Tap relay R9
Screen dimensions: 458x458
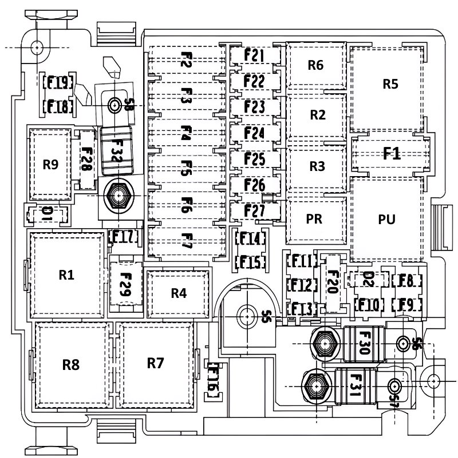(x=51, y=165)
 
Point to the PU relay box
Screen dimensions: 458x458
(x=387, y=219)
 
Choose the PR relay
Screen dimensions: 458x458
(x=314, y=219)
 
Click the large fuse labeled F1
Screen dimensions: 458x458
(x=391, y=153)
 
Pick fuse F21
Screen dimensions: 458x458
(x=254, y=56)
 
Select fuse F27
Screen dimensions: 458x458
(x=254, y=210)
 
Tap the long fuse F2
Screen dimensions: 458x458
(x=186, y=60)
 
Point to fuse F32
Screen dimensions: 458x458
(x=116, y=151)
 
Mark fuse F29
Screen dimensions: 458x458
(x=126, y=284)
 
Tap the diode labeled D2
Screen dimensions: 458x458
(x=369, y=280)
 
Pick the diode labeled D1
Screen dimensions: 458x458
(x=48, y=214)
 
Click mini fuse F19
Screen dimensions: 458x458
(x=57, y=83)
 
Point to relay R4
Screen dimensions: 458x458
(x=179, y=293)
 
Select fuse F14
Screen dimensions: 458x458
(x=250, y=239)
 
